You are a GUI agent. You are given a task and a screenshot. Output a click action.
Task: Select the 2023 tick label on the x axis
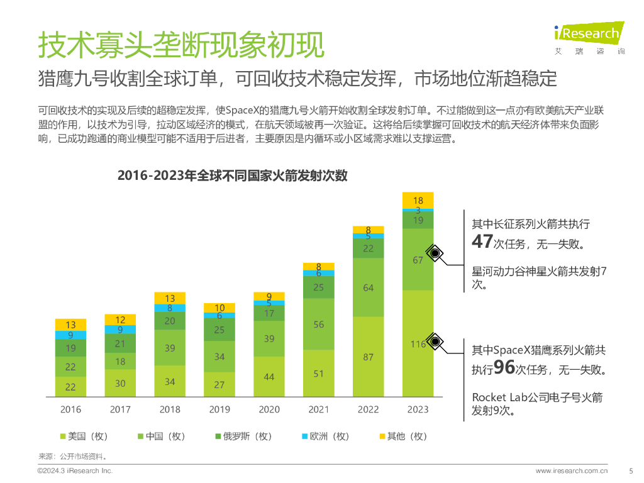pos(418,409)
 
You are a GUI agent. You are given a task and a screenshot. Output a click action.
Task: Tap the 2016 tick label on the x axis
pos(70,409)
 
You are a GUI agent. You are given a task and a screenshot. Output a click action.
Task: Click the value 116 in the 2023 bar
pos(418,344)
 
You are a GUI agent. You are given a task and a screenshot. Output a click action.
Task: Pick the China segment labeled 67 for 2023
pos(418,260)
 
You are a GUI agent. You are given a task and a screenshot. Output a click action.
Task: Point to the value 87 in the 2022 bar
pos(368,357)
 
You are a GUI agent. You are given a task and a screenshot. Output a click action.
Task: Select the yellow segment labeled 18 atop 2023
pos(418,201)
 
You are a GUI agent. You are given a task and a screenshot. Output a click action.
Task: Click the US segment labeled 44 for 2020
pos(269,377)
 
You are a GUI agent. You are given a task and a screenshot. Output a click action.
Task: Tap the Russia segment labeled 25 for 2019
pos(219,330)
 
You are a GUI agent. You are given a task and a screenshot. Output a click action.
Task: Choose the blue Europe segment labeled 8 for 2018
pos(170,308)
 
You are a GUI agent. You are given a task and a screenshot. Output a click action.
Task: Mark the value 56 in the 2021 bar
pos(318,325)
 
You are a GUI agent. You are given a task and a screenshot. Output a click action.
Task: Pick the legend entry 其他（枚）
pos(402,436)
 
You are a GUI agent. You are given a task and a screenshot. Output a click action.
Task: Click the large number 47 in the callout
pos(482,243)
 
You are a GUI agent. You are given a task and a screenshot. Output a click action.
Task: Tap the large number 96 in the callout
pos(504,368)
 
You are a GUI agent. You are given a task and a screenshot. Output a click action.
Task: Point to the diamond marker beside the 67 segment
pos(435,253)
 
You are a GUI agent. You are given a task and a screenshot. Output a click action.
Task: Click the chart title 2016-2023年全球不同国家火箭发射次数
pos(232,176)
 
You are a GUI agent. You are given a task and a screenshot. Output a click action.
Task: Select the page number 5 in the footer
pos(631,470)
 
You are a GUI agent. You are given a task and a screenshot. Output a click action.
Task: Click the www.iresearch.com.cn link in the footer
pos(571,470)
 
